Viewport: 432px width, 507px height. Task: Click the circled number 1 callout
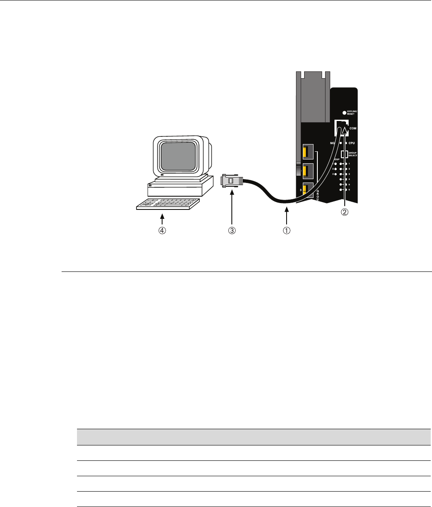pyautogui.click(x=286, y=230)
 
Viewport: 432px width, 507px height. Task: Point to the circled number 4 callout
pyautogui.click(x=162, y=230)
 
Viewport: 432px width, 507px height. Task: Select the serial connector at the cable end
pyautogui.click(x=231, y=181)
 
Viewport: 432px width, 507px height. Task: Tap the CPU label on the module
pyautogui.click(x=352, y=143)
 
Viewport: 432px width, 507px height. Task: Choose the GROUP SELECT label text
pyautogui.click(x=352, y=154)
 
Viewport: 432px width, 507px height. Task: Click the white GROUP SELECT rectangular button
pyautogui.click(x=343, y=154)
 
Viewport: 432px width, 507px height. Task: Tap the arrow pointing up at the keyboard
pyautogui.click(x=162, y=219)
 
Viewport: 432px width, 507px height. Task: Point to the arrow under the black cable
pyautogui.click(x=286, y=216)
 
